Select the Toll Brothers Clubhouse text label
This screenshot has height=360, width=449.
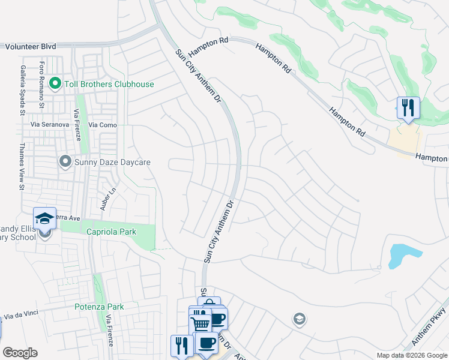[x=108, y=84]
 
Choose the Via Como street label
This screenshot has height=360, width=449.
[x=103, y=124]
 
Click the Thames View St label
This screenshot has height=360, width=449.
[x=22, y=166]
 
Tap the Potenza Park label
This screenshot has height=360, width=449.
[x=99, y=307]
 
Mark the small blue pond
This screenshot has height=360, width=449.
[x=399, y=255]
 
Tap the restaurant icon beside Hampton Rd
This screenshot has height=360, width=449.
[x=408, y=108]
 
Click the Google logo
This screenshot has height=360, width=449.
[x=20, y=353]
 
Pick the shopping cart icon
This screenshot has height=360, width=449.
[x=200, y=325]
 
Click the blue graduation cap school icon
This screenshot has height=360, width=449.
[x=44, y=219]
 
